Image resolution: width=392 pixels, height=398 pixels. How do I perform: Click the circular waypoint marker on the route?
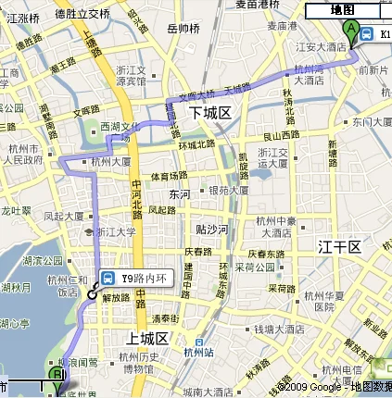(x=93, y=293)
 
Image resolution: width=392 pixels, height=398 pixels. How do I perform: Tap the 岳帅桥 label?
(x=183, y=29)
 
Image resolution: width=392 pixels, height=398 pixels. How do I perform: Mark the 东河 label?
(x=179, y=194)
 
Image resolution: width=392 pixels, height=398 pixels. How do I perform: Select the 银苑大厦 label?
(x=228, y=191)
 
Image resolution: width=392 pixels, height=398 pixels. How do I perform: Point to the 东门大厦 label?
(x=370, y=121)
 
